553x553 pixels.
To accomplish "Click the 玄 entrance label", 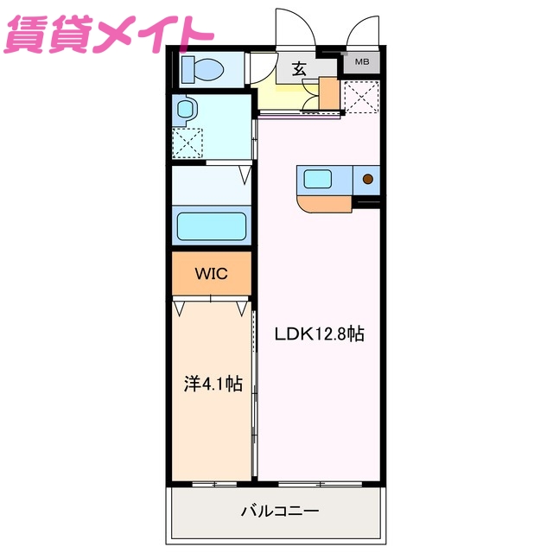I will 299,69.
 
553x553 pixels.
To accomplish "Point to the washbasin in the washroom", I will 186,109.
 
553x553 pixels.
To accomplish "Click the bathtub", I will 212,227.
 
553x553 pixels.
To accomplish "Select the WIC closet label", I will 211,274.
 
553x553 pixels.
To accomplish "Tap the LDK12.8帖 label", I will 319,334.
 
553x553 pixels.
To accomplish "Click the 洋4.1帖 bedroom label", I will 213,384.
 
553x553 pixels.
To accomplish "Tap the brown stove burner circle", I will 367,180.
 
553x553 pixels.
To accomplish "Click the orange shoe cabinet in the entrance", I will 328,93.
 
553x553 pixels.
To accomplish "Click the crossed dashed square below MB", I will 360,96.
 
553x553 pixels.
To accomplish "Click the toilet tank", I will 188,68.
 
